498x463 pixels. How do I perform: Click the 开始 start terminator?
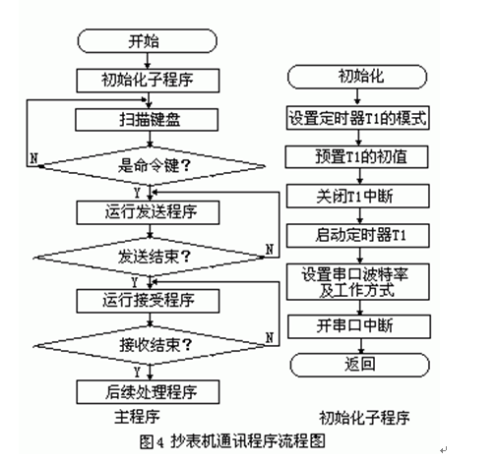pyautogui.click(x=147, y=41)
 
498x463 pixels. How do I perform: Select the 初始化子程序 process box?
pyautogui.click(x=148, y=81)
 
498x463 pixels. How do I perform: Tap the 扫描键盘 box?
pyautogui.click(x=147, y=120)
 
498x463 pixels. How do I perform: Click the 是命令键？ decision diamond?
pyautogui.click(x=151, y=166)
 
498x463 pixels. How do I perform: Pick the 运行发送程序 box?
pyautogui.click(x=148, y=212)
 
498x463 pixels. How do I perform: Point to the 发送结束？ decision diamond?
pyautogui.click(x=151, y=258)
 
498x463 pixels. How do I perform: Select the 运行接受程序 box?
pyautogui.click(x=148, y=301)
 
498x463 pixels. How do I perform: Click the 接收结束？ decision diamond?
pyautogui.click(x=151, y=345)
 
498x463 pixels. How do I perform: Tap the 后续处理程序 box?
pyautogui.click(x=148, y=392)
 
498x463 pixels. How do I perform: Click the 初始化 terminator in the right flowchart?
pyautogui.click(x=357, y=77)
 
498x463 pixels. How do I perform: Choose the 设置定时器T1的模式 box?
pyautogui.click(x=357, y=118)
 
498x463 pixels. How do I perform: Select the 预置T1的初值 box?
pyautogui.click(x=356, y=157)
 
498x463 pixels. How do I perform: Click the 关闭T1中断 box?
pyautogui.click(x=357, y=196)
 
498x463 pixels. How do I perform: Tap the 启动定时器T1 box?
pyautogui.click(x=357, y=235)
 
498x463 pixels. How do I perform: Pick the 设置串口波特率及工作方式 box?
pyautogui.click(x=357, y=282)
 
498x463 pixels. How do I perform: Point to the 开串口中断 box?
pyautogui.click(x=359, y=326)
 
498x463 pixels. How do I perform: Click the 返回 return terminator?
pyautogui.click(x=359, y=365)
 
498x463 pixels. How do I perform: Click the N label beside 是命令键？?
pyautogui.click(x=33, y=158)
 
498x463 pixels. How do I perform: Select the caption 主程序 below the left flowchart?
pyautogui.click(x=137, y=417)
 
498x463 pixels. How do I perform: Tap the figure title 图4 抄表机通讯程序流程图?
pyautogui.click(x=232, y=441)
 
